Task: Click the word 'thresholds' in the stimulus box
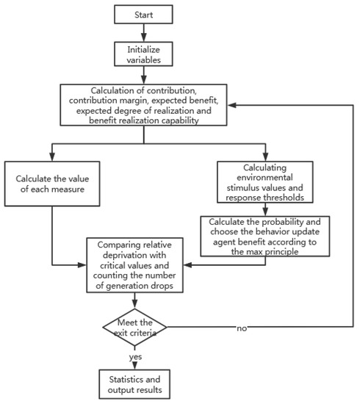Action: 296,196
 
